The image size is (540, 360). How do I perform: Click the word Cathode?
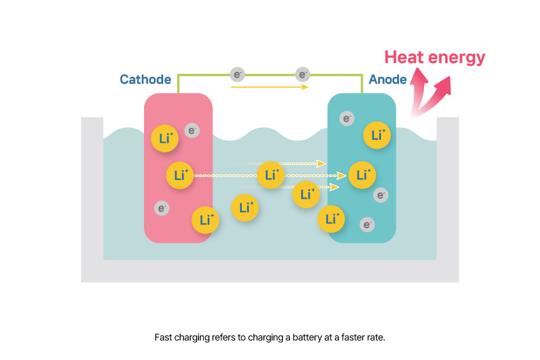tap(145, 79)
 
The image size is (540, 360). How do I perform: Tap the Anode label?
tap(388, 79)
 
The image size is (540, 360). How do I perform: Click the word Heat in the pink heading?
tap(403, 58)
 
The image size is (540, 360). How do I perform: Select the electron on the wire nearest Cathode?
tap(238, 75)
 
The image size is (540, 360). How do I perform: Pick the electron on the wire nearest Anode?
tap(303, 75)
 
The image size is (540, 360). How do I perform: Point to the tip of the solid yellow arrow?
tap(307, 87)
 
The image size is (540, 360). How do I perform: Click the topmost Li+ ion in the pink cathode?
tap(165, 139)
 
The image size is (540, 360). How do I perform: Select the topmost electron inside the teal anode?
tap(347, 118)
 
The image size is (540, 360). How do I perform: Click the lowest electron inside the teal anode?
tap(367, 225)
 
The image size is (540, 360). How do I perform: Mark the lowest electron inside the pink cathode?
tap(161, 208)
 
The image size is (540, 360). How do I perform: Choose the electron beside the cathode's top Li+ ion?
tap(192, 130)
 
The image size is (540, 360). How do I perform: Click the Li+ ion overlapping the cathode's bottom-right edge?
tap(205, 220)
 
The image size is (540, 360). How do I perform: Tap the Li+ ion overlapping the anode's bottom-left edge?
tap(331, 219)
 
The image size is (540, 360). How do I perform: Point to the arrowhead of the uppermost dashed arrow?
tap(322, 163)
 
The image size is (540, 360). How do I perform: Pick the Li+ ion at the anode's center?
tap(362, 175)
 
